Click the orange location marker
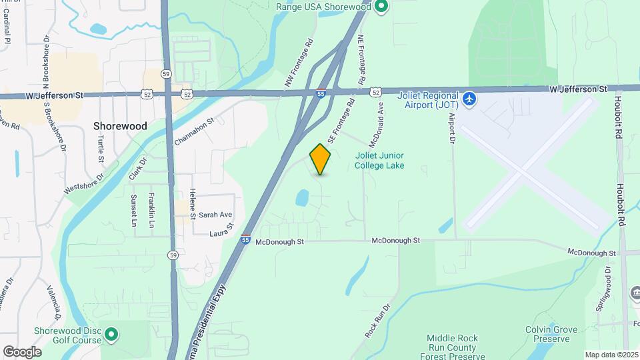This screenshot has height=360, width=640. point(321,159)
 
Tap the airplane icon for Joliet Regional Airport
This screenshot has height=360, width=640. point(470,99)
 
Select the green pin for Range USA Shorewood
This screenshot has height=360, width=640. point(381,7)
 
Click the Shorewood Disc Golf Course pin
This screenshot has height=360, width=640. point(111,333)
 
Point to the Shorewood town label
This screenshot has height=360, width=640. point(120,125)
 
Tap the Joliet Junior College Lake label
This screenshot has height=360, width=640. point(379,160)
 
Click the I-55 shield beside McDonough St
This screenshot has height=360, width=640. point(246,240)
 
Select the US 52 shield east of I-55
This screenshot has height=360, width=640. point(377,91)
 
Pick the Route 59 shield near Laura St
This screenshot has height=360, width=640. point(173,255)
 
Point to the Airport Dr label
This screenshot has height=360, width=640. point(451,128)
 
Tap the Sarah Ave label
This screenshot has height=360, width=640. point(215,215)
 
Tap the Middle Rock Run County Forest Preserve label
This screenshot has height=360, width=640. point(453,347)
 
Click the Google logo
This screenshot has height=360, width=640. point(22,352)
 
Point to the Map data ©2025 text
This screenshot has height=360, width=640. point(611,355)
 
